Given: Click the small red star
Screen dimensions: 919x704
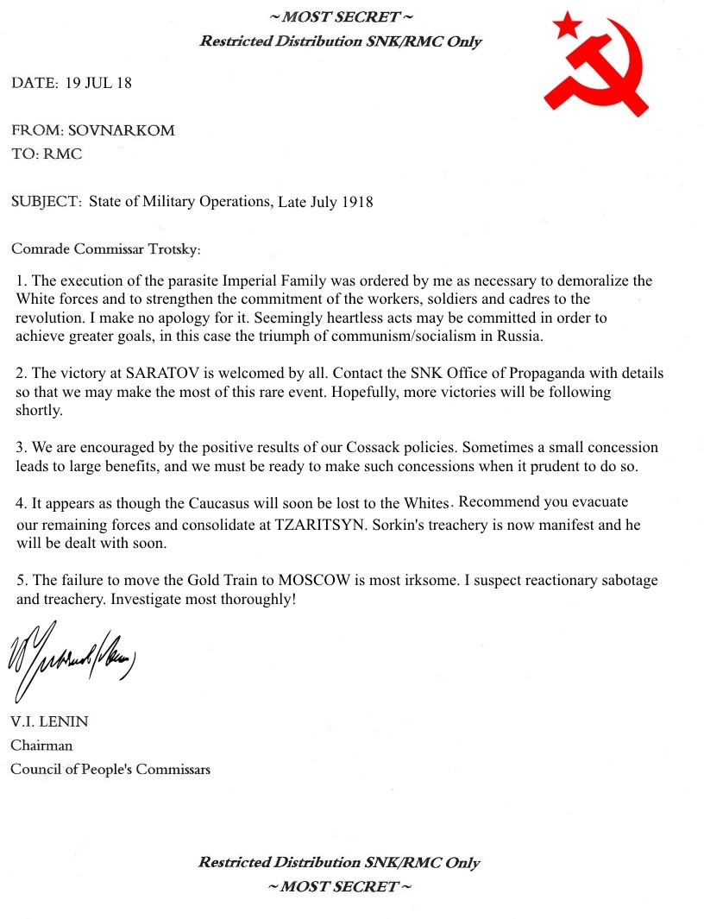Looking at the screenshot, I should click(567, 25).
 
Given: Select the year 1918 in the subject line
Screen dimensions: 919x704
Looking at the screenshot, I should click(357, 202).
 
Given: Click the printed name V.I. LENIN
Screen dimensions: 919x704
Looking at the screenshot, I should click(49, 721).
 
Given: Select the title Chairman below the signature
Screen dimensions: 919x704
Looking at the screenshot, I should click(41, 745).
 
